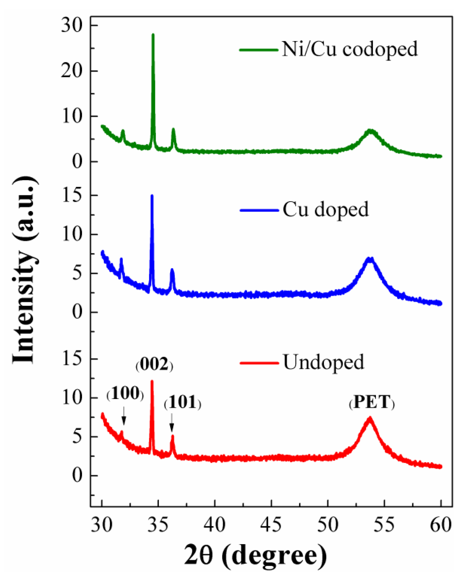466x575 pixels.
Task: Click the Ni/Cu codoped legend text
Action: (x=350, y=49)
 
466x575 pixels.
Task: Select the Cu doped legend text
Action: (x=326, y=210)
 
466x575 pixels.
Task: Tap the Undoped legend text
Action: (x=324, y=362)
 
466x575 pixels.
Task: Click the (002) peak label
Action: (x=154, y=365)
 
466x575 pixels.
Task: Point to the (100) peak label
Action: (x=125, y=394)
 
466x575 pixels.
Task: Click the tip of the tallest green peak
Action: (x=153, y=34)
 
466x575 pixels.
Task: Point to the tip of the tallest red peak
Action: (x=152, y=381)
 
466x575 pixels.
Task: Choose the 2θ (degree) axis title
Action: (x=255, y=555)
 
